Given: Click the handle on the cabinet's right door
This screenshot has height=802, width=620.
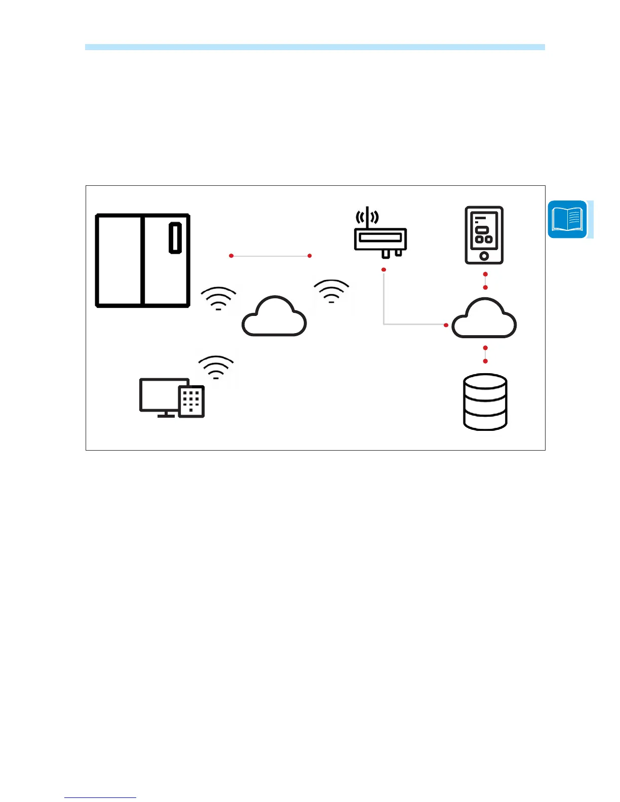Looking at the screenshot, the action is pos(175,237).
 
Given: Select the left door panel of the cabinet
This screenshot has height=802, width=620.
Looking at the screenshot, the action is pos(119,260).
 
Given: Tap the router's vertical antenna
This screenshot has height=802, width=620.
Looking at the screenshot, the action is pos(367,218).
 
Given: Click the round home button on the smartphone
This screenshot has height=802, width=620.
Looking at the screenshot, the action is pos(484,256).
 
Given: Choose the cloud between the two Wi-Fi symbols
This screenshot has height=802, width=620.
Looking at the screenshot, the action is pos(274,317).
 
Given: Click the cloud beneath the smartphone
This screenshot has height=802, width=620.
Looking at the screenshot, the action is pos(484,319).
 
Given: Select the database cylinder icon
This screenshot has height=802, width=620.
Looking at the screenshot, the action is pos(485,402).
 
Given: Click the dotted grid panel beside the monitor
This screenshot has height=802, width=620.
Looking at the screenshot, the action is pos(191,402).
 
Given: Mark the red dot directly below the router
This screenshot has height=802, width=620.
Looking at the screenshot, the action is pos(384,269).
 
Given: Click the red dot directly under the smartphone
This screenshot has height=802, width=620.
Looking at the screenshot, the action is pos(485,274).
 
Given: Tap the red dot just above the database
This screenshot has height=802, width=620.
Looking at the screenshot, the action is pos(485,361).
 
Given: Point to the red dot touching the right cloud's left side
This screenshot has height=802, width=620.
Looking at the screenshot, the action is pos(446,325).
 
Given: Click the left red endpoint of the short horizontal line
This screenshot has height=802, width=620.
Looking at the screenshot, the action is pos(231,256).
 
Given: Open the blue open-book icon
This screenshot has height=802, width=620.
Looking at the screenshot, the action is pos(567,220).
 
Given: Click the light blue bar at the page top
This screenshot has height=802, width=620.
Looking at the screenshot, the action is pos(315,47).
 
